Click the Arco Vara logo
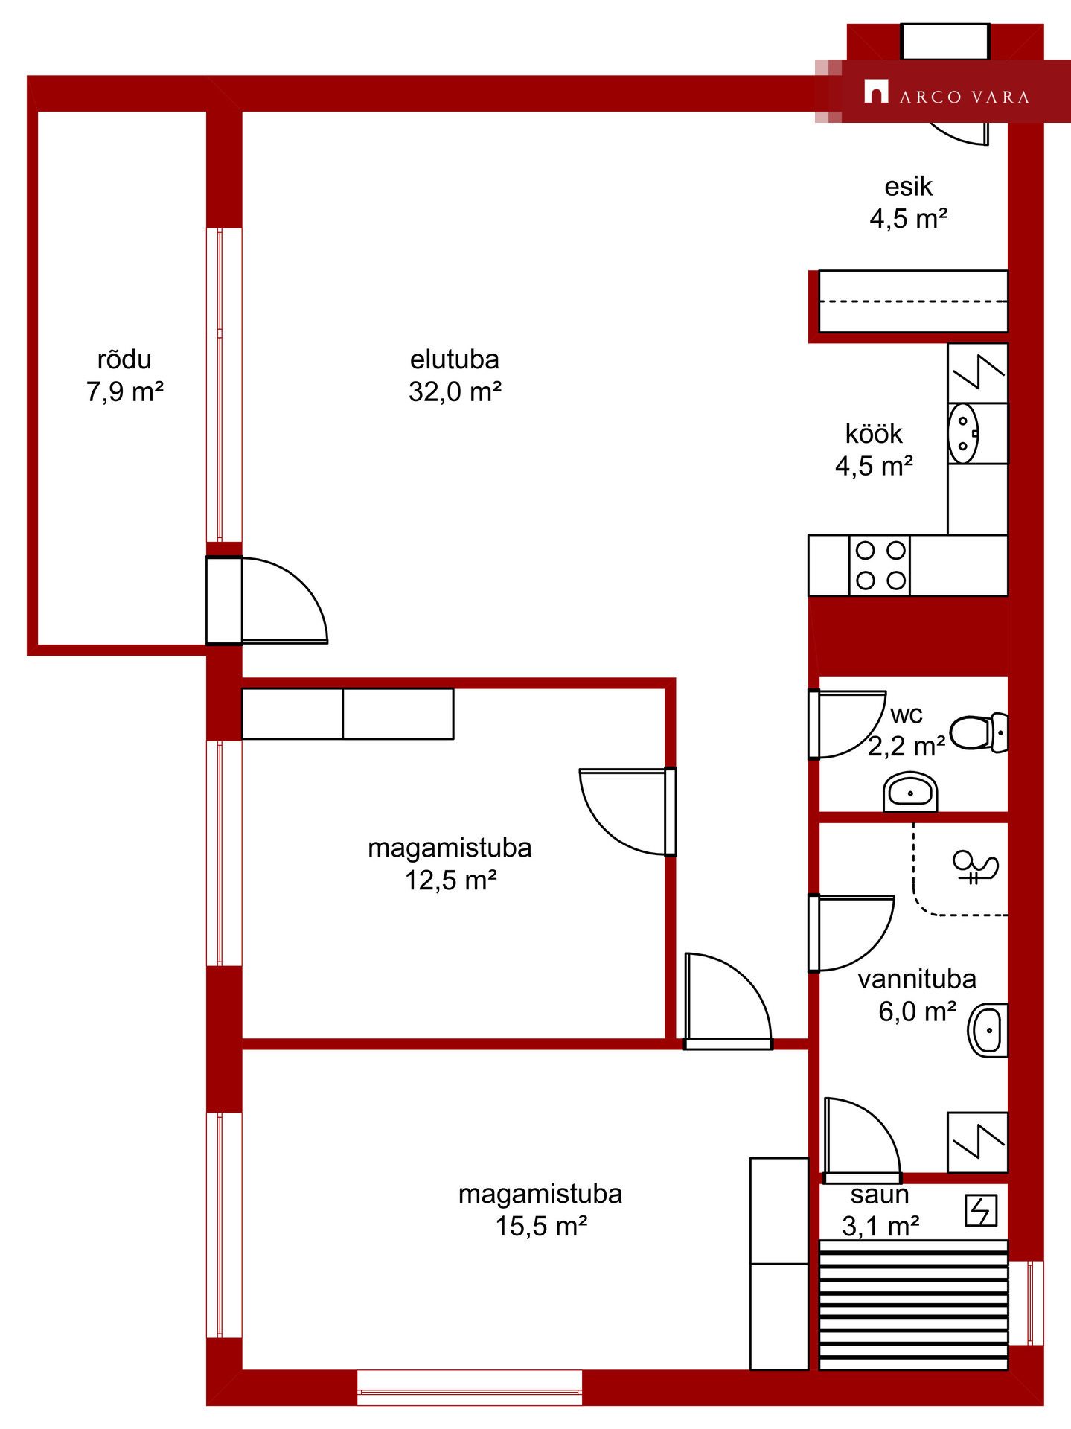pos(946,92)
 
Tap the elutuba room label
pos(455,359)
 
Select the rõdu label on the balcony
pos(124,359)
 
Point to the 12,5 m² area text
pos(450,880)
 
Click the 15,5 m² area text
pos(541,1226)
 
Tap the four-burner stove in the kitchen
pos(880,565)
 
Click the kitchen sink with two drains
pos(963,433)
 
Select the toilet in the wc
pos(979,732)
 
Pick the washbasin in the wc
pos(910,792)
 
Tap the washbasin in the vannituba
pos(988,1030)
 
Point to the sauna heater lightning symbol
pos(981,1210)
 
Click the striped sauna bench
pos(913,1305)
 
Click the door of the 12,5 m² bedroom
pos(630,811)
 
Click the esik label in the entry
pos(908,186)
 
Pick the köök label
pos(874,434)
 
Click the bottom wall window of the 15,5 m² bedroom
pos(470,1387)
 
